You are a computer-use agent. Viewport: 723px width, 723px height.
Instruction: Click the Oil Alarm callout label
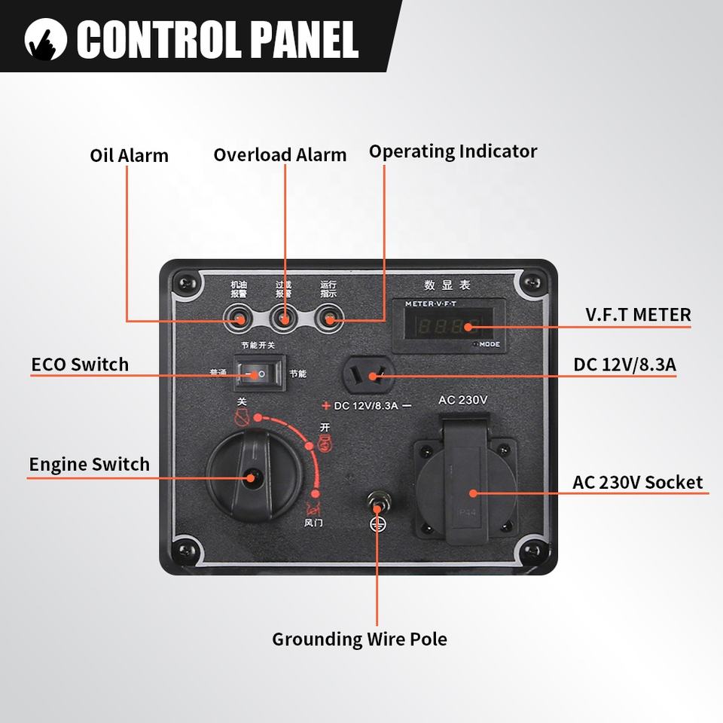pos(129,155)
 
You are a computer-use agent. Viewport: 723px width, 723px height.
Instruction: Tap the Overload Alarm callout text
pos(279,154)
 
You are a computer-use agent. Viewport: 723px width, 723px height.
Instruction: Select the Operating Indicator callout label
pos(453,151)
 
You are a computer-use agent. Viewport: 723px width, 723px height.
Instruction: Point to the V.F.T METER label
pos(638,314)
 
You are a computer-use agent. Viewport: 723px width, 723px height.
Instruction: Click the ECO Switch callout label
pos(80,365)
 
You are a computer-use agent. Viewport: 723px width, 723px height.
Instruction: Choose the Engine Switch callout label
pos(89,464)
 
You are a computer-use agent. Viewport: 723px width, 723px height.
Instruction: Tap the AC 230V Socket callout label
pos(637,482)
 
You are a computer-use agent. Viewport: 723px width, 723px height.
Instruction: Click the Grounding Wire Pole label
pos(359,639)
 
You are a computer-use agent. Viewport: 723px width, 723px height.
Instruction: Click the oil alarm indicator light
pos(239,318)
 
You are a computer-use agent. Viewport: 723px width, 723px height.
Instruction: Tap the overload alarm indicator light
pos(284,318)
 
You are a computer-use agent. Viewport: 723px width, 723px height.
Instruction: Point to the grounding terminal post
pos(376,500)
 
